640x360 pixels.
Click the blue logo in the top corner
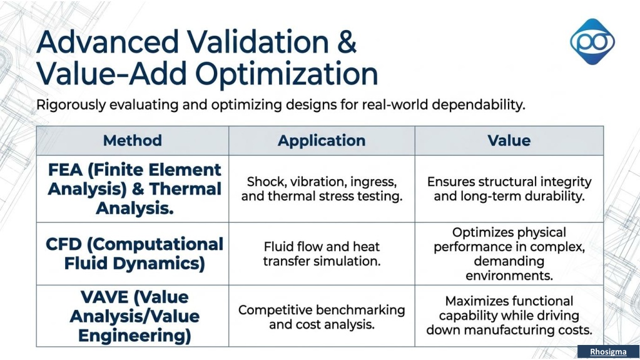(x=592, y=42)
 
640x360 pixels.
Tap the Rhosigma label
(x=608, y=352)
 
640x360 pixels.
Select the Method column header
(x=132, y=141)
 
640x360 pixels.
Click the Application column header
(x=322, y=141)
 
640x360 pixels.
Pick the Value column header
(x=509, y=141)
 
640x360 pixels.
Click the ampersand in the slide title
(x=347, y=42)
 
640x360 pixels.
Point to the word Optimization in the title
(x=287, y=75)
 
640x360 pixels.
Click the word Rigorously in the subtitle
(x=71, y=105)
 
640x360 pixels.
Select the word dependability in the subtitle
(x=478, y=105)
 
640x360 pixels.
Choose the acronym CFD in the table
(x=64, y=244)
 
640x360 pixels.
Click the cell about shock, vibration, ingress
(x=322, y=189)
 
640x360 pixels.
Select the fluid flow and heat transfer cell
(x=322, y=254)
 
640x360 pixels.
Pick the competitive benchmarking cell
(x=322, y=317)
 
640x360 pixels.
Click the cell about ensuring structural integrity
(x=509, y=189)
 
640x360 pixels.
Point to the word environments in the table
(x=509, y=276)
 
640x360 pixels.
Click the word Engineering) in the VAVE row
(x=135, y=336)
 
